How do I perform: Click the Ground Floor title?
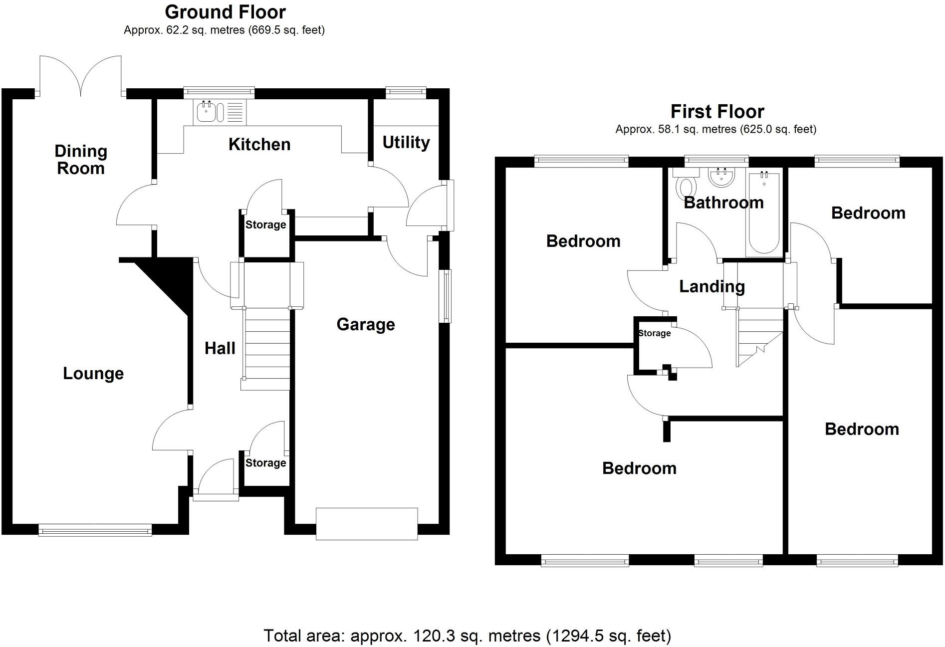tap(225, 12)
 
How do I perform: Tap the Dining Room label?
tap(80, 160)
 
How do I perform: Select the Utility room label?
tap(406, 143)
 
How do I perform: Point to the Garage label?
tap(365, 325)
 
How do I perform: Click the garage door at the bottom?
tap(366, 524)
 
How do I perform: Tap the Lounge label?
tap(93, 374)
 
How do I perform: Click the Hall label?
tap(220, 348)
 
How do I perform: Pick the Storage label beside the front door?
tap(265, 463)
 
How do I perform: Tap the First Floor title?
tap(716, 111)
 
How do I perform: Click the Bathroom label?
tap(723, 203)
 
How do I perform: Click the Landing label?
tap(711, 286)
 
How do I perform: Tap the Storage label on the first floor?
tap(654, 333)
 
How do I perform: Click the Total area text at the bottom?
tap(467, 636)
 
